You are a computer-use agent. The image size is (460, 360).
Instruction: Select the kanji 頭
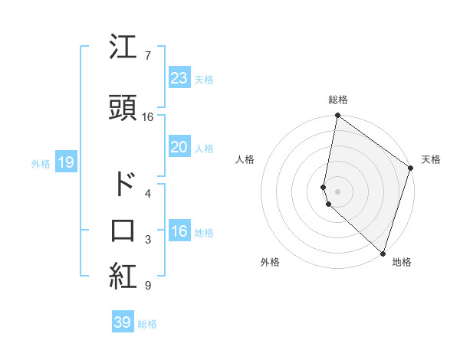(123, 108)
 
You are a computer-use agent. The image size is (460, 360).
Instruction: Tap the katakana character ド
(123, 184)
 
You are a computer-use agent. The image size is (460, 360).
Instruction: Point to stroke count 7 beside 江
(147, 55)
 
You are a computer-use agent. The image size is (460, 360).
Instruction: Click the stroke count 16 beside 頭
(148, 117)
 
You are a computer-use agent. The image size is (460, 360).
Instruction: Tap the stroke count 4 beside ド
(147, 193)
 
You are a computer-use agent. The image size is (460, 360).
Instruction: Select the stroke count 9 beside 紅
(147, 286)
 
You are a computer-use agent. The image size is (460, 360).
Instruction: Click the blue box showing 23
(179, 77)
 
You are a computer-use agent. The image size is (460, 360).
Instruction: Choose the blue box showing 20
(179, 147)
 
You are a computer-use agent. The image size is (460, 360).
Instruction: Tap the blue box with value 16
(179, 231)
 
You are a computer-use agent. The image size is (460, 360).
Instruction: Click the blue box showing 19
(65, 162)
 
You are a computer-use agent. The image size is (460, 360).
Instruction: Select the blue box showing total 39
(123, 322)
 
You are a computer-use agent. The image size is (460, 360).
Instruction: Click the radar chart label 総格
(338, 100)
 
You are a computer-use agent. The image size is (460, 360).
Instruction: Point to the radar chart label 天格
(431, 159)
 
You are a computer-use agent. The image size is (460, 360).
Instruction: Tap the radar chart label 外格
(270, 262)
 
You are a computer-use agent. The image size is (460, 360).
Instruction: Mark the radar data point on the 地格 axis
(383, 254)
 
